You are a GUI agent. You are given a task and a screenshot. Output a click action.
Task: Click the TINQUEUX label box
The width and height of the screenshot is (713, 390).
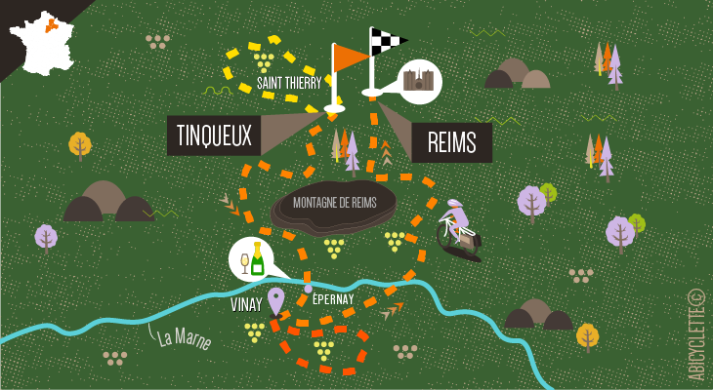(x=214, y=135)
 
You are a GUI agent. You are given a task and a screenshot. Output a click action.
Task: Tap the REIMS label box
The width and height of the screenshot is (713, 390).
(x=451, y=143)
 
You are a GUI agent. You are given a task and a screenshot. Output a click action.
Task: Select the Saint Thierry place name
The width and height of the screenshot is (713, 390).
(x=289, y=84)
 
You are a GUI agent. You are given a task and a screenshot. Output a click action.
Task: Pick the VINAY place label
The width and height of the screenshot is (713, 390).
(x=246, y=305)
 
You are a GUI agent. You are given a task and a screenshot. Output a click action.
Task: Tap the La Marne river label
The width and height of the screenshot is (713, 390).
(x=185, y=340)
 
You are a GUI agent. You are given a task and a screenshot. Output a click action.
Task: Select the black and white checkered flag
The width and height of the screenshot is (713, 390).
(x=387, y=42)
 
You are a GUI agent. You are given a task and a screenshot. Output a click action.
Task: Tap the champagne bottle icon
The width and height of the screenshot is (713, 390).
(x=257, y=258)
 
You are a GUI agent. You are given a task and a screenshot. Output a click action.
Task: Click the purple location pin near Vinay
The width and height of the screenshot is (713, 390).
(x=276, y=300)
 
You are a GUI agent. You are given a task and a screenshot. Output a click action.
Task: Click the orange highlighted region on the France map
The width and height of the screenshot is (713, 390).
(x=51, y=24)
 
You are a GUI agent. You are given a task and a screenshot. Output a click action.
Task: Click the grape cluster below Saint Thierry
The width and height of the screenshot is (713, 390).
(x=264, y=62)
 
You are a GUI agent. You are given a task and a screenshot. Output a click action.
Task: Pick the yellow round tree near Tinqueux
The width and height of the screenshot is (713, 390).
(x=80, y=144)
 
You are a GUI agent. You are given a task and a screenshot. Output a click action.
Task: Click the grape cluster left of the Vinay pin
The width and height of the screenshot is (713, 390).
(x=255, y=330)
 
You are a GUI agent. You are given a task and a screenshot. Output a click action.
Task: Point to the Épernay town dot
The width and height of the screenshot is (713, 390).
(x=308, y=289)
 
